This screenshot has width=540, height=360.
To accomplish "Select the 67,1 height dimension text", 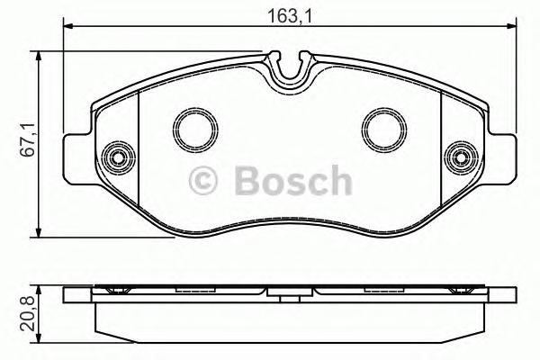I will (x=27, y=140).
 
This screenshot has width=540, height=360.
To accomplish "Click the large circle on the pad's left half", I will (x=192, y=128).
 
